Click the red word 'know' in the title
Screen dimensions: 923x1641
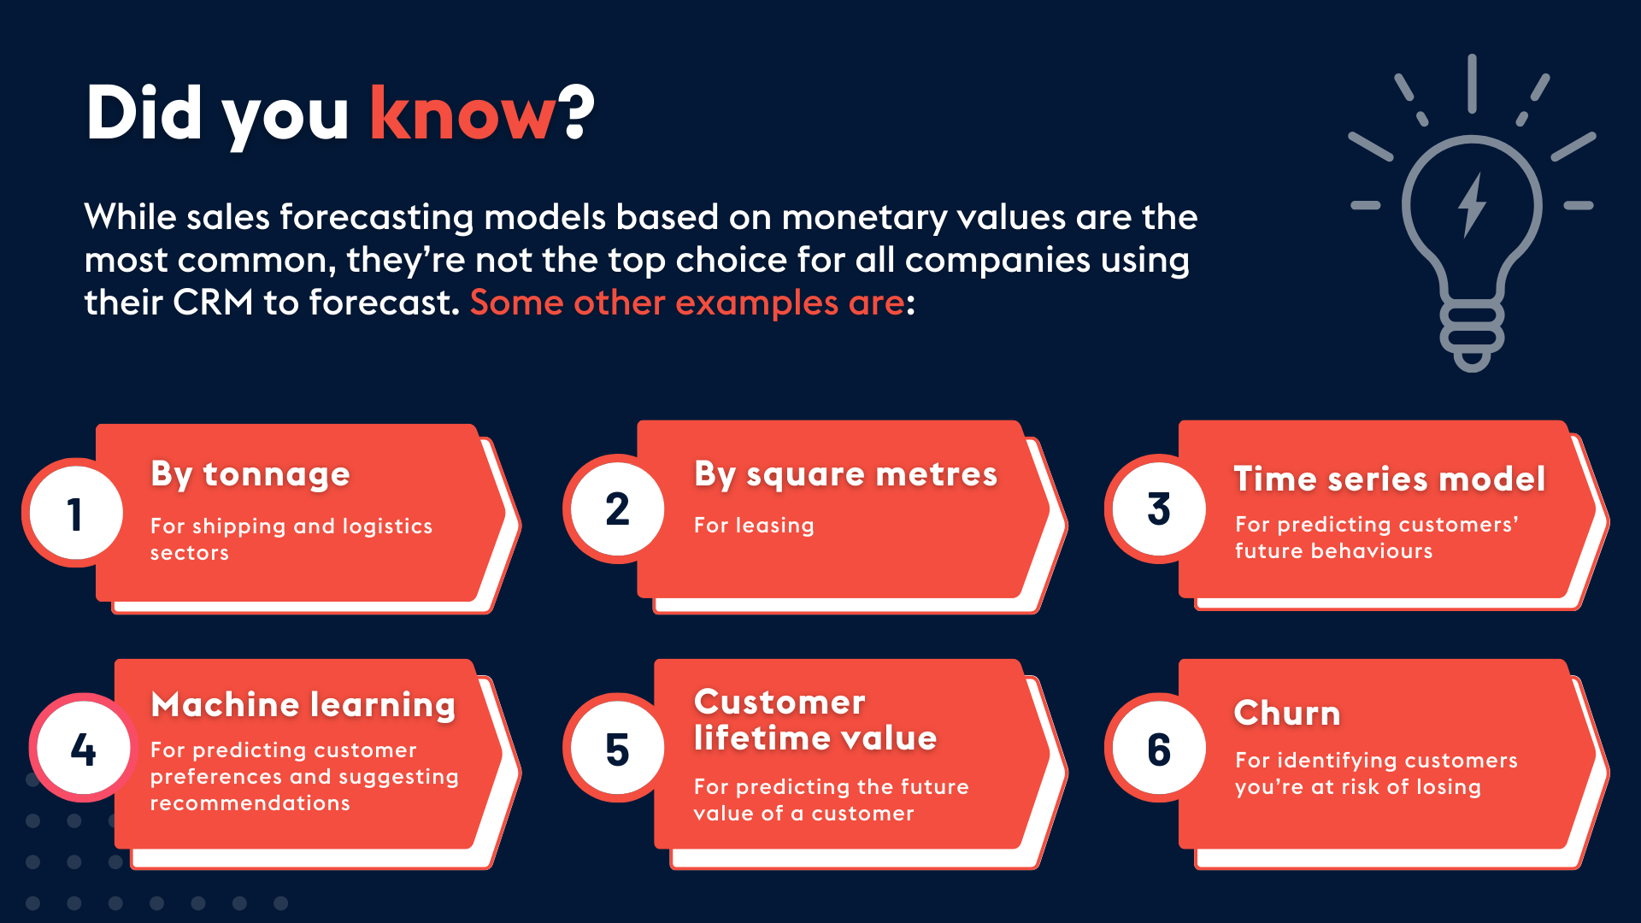point(462,114)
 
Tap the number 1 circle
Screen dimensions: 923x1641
point(76,514)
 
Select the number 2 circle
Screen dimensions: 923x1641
point(617,509)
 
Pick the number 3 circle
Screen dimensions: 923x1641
point(1158,509)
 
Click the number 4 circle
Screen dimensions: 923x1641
point(83,749)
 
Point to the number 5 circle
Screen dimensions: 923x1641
point(617,749)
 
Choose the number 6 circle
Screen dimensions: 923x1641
point(1158,749)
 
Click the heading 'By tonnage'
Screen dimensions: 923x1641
point(250,474)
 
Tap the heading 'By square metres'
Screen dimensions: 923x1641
point(845,474)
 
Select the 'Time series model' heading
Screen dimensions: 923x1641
point(1390,479)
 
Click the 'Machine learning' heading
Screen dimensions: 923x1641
point(303,705)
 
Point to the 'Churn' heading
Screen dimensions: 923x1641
point(1287,713)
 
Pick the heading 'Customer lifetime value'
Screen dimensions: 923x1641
point(815,720)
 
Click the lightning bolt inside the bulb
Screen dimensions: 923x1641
point(1472,205)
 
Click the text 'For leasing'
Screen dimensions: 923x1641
point(754,526)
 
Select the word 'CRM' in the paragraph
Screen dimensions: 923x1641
point(213,303)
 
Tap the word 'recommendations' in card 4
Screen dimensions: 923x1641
point(250,803)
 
